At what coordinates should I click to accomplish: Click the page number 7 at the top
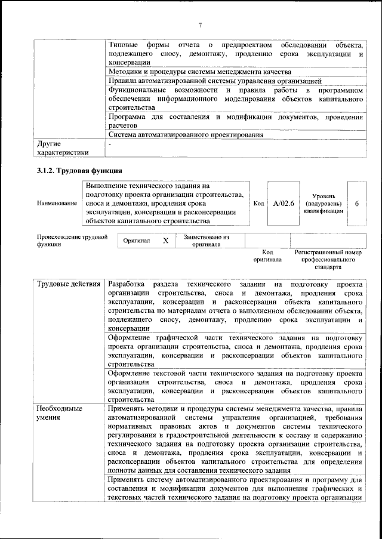point(201,24)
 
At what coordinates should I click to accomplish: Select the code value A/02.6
point(284,204)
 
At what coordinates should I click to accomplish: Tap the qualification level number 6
point(356,204)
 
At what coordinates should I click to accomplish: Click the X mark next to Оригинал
point(166,241)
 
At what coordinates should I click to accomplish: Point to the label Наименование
point(57,204)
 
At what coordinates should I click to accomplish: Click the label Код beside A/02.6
point(258,204)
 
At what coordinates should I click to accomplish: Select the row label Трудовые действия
point(68,283)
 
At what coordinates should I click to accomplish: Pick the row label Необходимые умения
point(60,413)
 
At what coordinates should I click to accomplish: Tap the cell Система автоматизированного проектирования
point(186,135)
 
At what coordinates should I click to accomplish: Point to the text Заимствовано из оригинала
point(207,241)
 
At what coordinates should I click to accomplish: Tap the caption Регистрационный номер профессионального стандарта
point(328,260)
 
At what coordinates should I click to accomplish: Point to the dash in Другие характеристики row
point(110,144)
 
